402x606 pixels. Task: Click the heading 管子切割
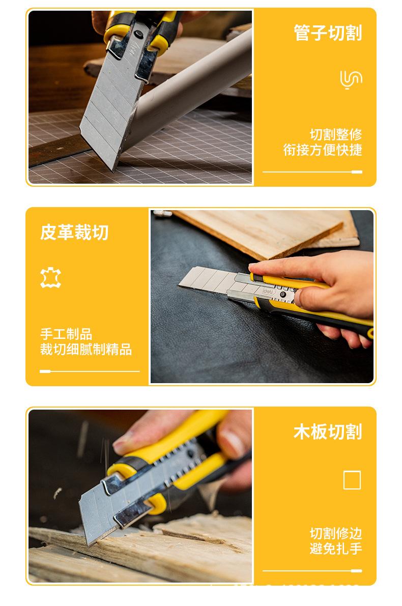click(x=327, y=33)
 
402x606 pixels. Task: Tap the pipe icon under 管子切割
click(x=351, y=80)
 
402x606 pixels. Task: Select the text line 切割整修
click(x=336, y=135)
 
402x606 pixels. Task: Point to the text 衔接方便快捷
click(x=323, y=150)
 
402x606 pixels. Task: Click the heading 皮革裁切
click(x=74, y=233)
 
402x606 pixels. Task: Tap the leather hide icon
click(x=50, y=278)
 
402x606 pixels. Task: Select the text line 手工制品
click(x=66, y=334)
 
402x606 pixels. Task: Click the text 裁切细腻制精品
click(x=86, y=350)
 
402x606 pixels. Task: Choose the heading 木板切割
click(x=327, y=432)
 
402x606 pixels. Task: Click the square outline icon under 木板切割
click(x=352, y=480)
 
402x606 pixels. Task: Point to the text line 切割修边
click(x=336, y=534)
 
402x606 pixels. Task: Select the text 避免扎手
click(x=336, y=549)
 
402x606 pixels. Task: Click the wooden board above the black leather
click(x=265, y=232)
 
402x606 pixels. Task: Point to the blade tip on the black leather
click(x=181, y=285)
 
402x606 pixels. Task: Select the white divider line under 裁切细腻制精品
click(x=90, y=371)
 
